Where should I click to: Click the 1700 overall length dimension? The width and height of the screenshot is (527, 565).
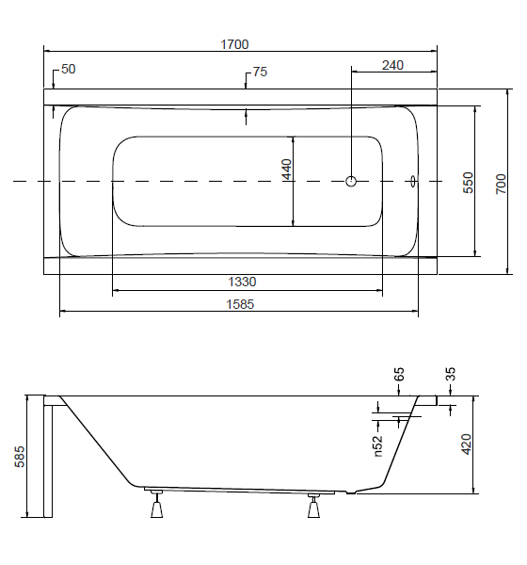click(x=234, y=44)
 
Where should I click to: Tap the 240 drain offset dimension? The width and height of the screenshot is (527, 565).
click(x=392, y=66)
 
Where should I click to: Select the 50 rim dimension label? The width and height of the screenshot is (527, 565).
click(x=69, y=69)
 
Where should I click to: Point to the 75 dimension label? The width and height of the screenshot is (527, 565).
click(x=260, y=72)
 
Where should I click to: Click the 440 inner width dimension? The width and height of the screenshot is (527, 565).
click(x=287, y=169)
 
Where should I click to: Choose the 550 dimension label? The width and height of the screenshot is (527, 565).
click(x=468, y=183)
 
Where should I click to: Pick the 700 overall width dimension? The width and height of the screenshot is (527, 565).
click(x=501, y=185)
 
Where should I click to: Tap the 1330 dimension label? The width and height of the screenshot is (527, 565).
click(x=242, y=282)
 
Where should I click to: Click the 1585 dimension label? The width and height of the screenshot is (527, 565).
click(x=240, y=304)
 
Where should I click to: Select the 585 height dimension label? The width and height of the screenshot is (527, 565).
click(x=20, y=457)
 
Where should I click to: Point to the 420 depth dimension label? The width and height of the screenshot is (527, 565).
click(x=466, y=444)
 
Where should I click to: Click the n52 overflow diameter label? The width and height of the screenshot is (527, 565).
click(x=377, y=446)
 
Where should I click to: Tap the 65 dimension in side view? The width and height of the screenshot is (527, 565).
click(x=399, y=375)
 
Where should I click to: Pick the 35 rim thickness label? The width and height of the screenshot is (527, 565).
click(x=451, y=374)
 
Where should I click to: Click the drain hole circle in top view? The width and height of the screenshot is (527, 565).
click(x=351, y=181)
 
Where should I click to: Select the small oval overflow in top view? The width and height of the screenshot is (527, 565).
click(x=413, y=181)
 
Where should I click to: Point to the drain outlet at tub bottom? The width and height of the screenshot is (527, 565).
click(x=350, y=492)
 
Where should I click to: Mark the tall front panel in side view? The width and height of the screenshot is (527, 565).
click(x=48, y=457)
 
